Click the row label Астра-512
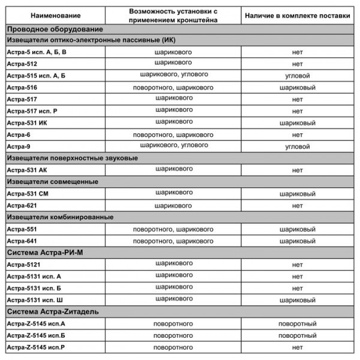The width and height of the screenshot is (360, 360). (x=22, y=64)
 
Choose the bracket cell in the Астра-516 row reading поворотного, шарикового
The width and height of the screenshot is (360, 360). (x=173, y=88)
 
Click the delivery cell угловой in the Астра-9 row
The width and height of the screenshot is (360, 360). (x=297, y=146)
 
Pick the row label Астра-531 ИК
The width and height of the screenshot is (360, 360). (x=26, y=122)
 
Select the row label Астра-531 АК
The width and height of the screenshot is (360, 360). (x=26, y=170)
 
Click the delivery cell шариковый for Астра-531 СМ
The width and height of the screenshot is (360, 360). (x=297, y=194)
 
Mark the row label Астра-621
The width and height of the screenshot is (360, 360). (x=22, y=206)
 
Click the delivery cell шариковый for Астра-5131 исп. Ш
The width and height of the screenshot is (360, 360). (x=297, y=299)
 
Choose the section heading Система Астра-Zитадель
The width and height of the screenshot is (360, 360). (x=53, y=311)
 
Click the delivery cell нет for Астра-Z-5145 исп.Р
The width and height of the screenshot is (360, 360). (x=297, y=347)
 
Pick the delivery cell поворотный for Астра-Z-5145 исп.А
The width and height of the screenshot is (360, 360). (x=297, y=323)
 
